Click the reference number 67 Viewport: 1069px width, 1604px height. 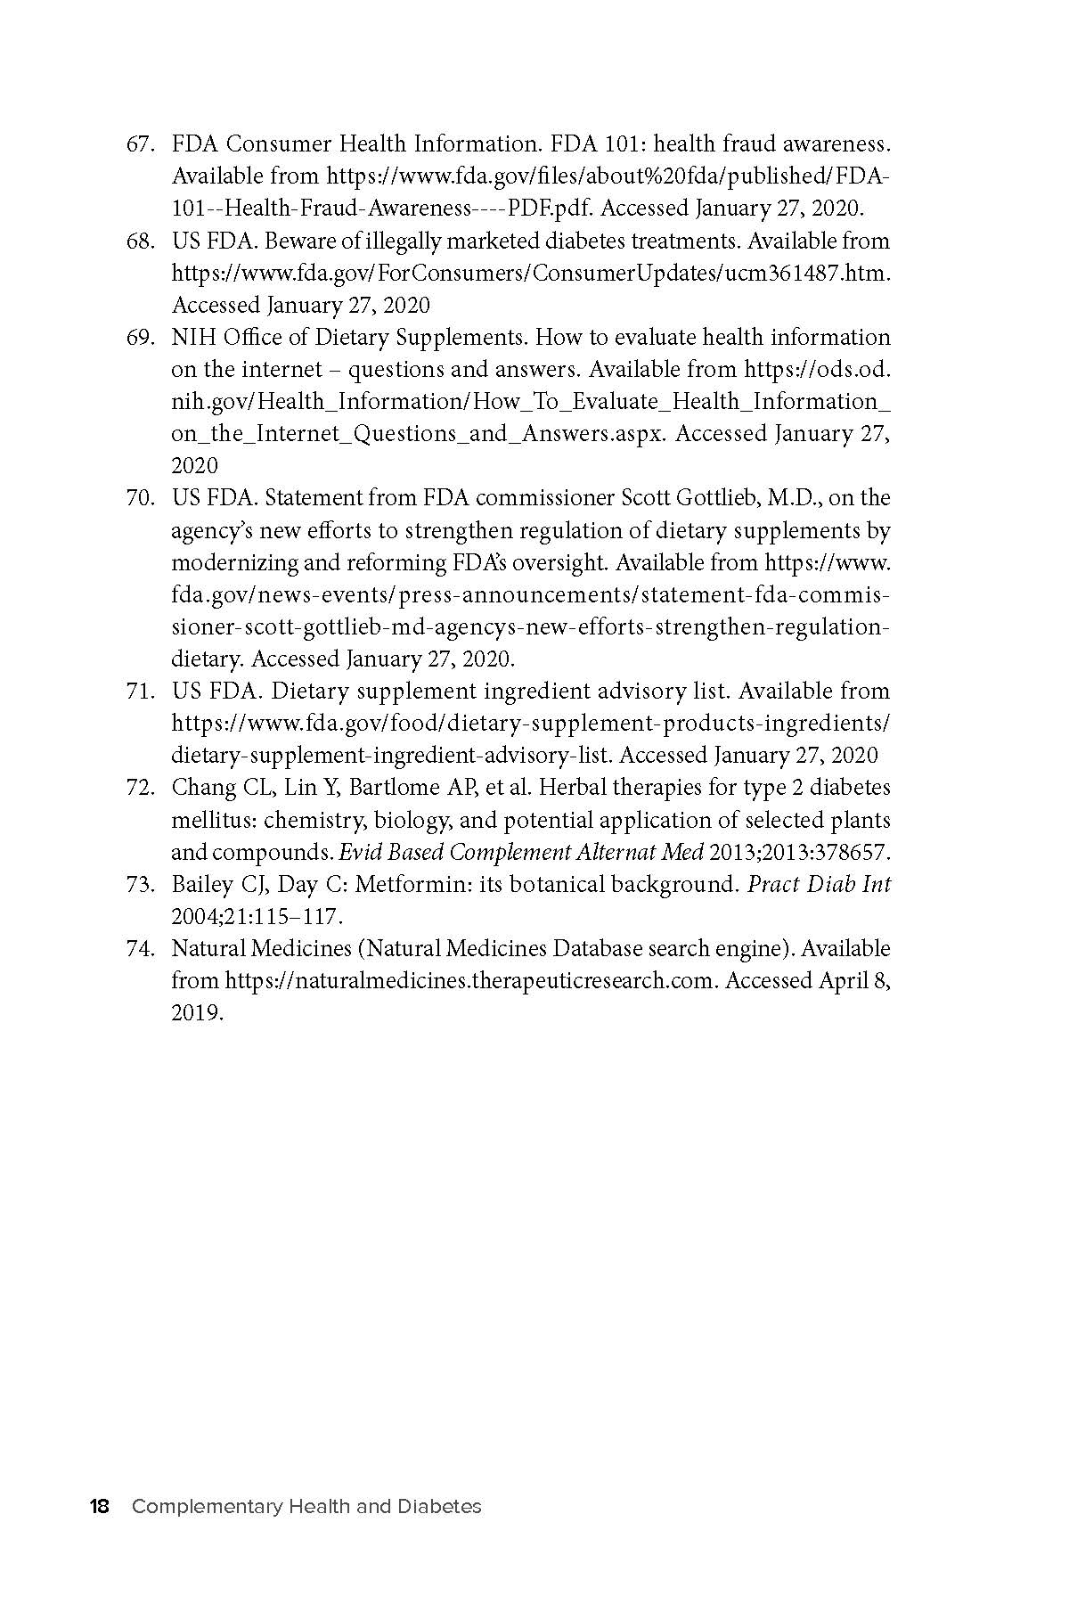click(x=141, y=144)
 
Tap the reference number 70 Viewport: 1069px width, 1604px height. click(x=141, y=498)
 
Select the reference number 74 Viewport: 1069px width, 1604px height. click(x=141, y=949)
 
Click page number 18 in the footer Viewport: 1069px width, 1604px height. click(x=99, y=1507)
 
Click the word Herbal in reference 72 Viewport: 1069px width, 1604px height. click(x=570, y=788)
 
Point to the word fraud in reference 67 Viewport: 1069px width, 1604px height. click(x=739, y=144)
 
